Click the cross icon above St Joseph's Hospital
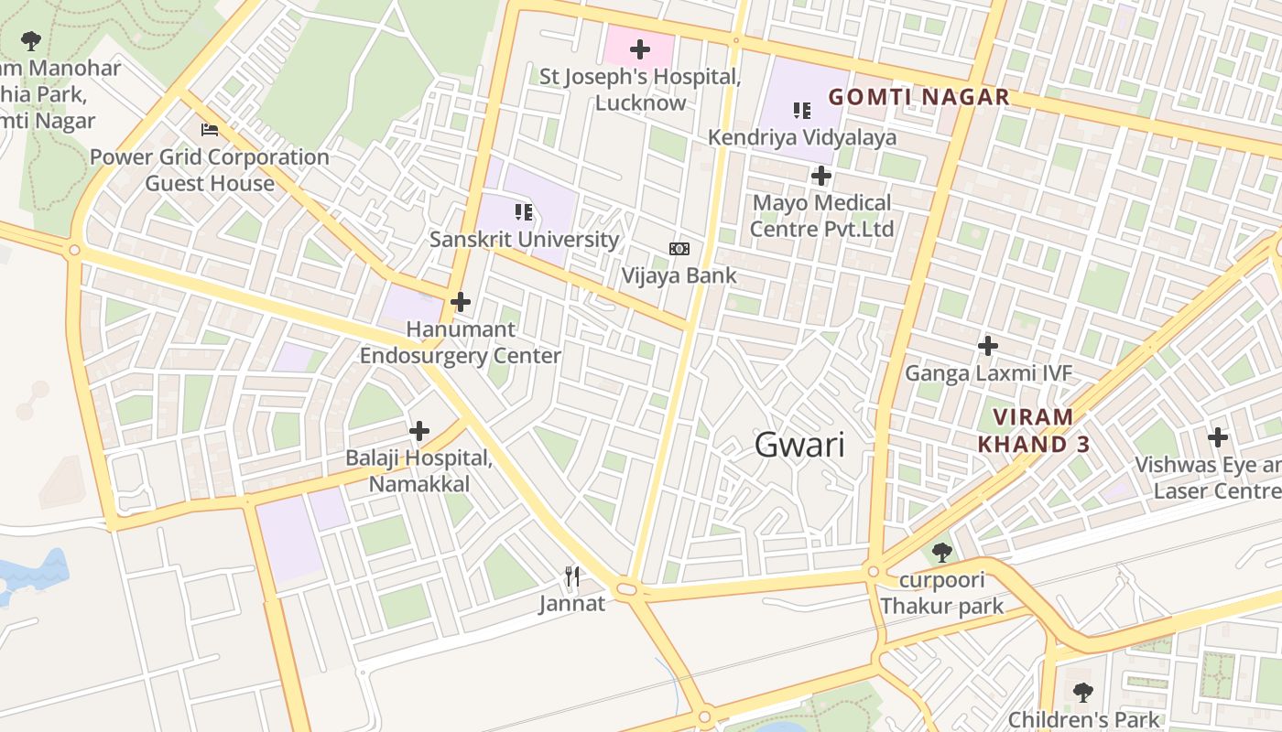click(x=639, y=49)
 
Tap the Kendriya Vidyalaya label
click(x=802, y=137)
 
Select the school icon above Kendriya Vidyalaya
click(x=802, y=111)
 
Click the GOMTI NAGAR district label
click(x=918, y=97)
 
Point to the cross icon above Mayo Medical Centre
click(x=821, y=175)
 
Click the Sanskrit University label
click(x=525, y=240)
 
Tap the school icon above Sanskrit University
click(x=524, y=213)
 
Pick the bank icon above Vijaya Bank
click(x=679, y=249)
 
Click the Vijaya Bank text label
click(x=679, y=275)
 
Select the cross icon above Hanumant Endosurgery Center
click(x=461, y=301)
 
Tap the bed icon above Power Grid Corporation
click(x=210, y=130)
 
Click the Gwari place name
click(x=799, y=445)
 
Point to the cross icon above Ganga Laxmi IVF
click(x=987, y=346)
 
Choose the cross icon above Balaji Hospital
click(x=419, y=430)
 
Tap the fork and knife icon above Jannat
click(x=572, y=576)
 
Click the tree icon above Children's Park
click(x=1083, y=693)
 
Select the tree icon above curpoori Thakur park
click(x=941, y=553)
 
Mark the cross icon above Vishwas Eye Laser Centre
click(x=1217, y=437)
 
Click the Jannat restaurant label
click(x=572, y=604)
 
